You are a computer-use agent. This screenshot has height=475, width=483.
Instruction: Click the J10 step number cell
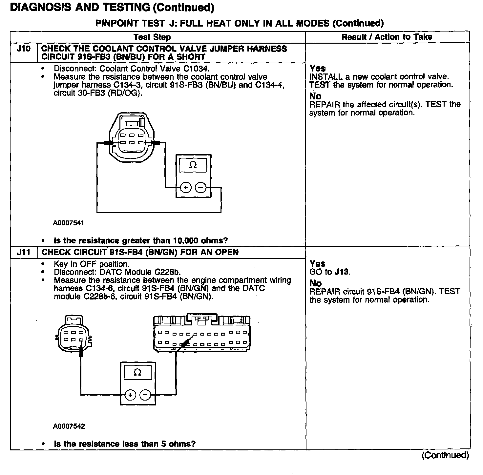pos(24,49)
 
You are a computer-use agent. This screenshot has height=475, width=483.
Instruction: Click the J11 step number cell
pos(24,252)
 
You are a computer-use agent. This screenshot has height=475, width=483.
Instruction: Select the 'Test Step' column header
pos(152,37)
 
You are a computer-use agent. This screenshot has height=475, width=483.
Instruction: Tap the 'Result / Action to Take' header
pos(387,37)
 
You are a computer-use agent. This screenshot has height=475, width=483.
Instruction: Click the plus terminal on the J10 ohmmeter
pos(185,188)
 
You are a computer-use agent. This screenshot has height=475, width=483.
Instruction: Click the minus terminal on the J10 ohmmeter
pos(200,188)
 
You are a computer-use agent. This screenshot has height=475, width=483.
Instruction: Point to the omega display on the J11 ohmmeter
pos(138,372)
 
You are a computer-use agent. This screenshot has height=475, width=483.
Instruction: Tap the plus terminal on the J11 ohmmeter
pos(130,395)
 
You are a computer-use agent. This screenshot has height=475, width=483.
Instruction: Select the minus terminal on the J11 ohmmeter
pos(145,395)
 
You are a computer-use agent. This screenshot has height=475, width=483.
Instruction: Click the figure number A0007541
pos(69,223)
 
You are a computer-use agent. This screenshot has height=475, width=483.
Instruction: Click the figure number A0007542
pos(69,426)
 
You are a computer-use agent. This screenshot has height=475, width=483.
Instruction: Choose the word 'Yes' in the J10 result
pos(318,68)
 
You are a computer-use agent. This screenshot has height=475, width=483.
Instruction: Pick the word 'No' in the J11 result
pos(315,283)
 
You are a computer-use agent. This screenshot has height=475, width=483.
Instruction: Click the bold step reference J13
pos(342,272)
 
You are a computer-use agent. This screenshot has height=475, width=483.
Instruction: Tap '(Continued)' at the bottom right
pos(445,455)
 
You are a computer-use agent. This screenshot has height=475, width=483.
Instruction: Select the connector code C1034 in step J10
pos(197,69)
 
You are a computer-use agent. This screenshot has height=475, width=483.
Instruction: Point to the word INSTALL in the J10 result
pos(325,77)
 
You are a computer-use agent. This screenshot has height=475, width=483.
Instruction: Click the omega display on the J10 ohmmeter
pos(193,165)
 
